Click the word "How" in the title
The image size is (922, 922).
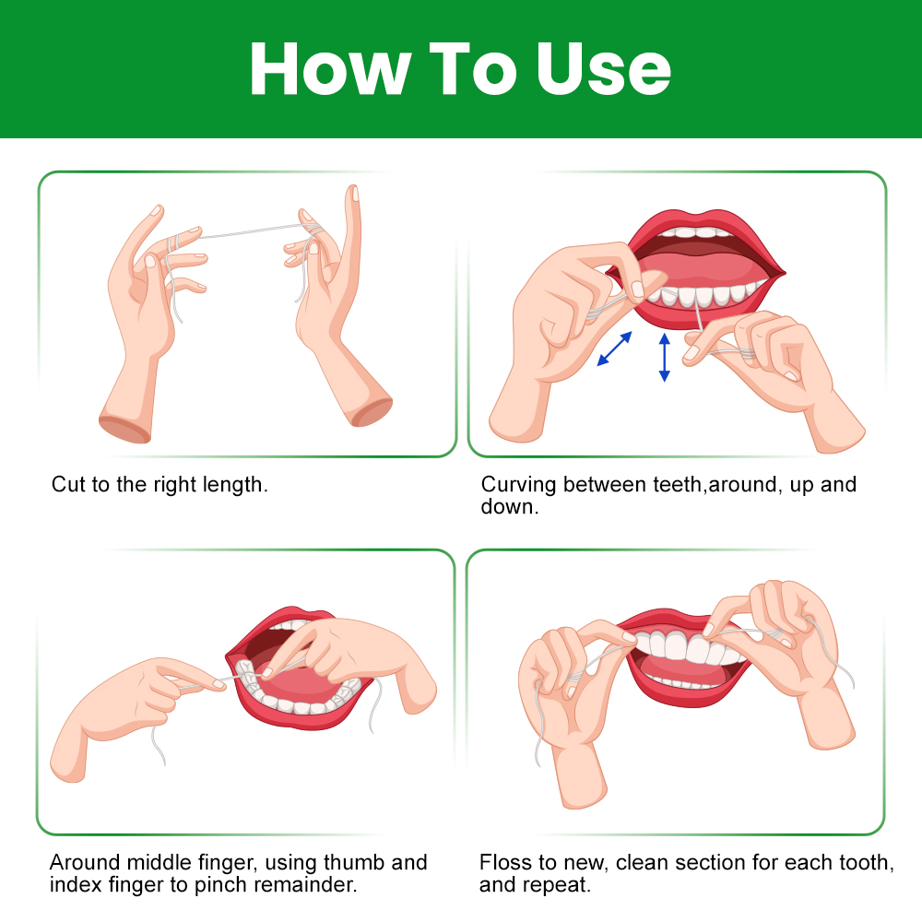[330, 69]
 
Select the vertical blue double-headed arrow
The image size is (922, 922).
[665, 357]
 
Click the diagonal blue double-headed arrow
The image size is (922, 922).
[614, 349]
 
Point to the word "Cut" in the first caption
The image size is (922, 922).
[68, 485]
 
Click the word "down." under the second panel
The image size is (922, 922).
[509, 507]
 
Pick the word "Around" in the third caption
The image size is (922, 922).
[85, 863]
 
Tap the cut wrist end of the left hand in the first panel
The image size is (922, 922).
[124, 428]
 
